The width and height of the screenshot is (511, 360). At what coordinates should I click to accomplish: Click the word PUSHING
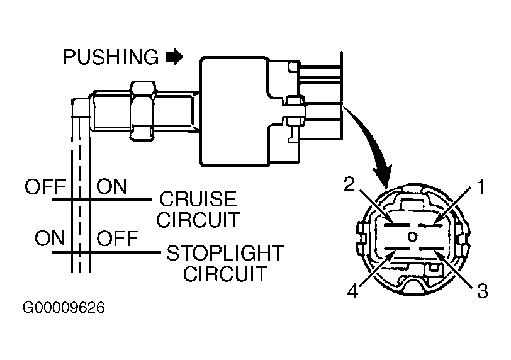pyautogui.click(x=111, y=57)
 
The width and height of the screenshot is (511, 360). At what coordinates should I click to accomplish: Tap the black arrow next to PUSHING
pyautogui.click(x=174, y=57)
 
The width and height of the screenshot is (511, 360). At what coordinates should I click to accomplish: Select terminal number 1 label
pyautogui.click(x=481, y=187)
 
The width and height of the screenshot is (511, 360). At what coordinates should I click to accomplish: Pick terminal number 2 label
pyautogui.click(x=349, y=185)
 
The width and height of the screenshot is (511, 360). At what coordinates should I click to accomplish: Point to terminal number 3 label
pyautogui.click(x=483, y=291)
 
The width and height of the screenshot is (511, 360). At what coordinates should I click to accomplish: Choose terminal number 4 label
pyautogui.click(x=353, y=291)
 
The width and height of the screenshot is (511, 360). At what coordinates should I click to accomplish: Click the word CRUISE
pyautogui.click(x=198, y=199)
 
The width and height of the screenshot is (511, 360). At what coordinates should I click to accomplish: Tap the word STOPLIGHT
pyautogui.click(x=225, y=253)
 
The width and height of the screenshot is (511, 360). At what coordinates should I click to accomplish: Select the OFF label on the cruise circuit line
pyautogui.click(x=45, y=187)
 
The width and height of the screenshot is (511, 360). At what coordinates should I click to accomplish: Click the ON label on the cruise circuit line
pyautogui.click(x=111, y=187)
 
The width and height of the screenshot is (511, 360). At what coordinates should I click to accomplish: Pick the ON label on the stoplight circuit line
pyautogui.click(x=50, y=238)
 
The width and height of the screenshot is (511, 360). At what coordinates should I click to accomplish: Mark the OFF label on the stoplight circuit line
pyautogui.click(x=117, y=238)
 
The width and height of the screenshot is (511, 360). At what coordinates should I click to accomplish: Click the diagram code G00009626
pyautogui.click(x=64, y=308)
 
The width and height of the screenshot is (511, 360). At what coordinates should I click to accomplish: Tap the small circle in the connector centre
pyautogui.click(x=413, y=237)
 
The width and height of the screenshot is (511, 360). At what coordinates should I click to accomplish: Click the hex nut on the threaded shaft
pyautogui.click(x=142, y=111)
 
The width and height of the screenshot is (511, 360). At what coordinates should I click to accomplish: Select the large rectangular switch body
pyautogui.click(x=234, y=112)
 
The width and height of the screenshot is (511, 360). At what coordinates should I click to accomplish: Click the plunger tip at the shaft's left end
pyautogui.click(x=81, y=108)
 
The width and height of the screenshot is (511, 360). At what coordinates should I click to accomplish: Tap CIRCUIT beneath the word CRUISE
pyautogui.click(x=198, y=220)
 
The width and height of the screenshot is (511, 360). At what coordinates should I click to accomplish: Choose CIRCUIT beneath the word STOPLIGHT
pyautogui.click(x=225, y=274)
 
